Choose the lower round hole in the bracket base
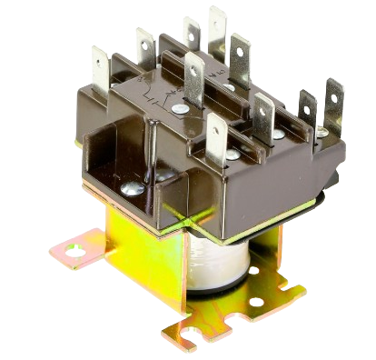pyautogui.click(x=257, y=302)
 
